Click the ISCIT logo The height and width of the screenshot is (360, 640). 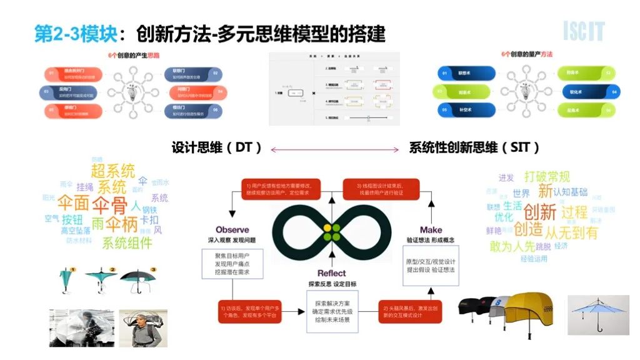(x=584, y=31)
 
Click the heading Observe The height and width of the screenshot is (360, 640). (x=232, y=230)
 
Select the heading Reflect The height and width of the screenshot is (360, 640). (x=332, y=273)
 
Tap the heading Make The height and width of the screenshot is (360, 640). (x=431, y=230)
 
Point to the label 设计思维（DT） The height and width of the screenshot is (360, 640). (x=217, y=148)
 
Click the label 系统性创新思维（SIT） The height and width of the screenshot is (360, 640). (x=474, y=148)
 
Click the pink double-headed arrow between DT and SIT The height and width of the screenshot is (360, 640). (x=335, y=149)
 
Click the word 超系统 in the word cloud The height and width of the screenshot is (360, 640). (x=112, y=171)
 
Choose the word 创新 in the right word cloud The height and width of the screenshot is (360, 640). (x=539, y=211)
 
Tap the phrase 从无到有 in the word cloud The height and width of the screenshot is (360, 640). (x=571, y=232)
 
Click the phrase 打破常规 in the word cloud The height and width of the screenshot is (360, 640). (x=547, y=177)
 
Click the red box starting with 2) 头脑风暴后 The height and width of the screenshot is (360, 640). (x=411, y=311)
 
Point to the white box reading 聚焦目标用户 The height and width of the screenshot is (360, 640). (x=232, y=264)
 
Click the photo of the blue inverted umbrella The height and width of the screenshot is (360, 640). (x=597, y=315)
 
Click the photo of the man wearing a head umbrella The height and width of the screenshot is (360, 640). (x=139, y=328)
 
